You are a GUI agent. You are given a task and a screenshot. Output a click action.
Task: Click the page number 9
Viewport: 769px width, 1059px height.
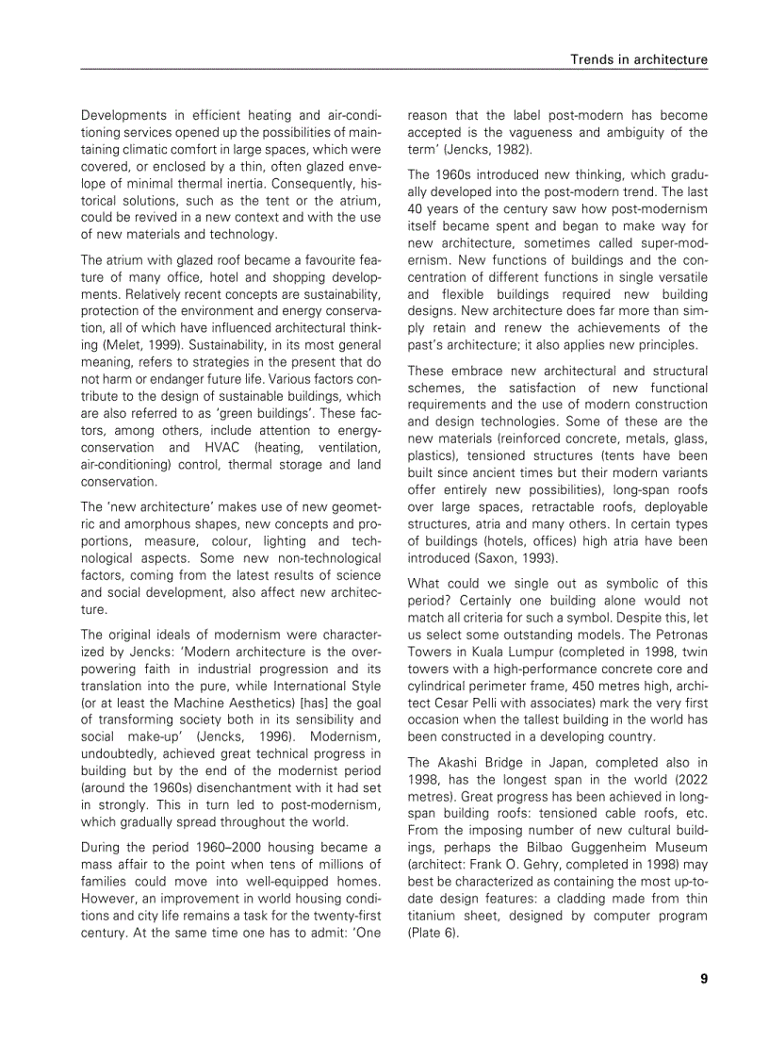[703, 978]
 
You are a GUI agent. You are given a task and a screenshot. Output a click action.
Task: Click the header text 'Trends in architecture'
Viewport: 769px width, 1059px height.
[638, 59]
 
